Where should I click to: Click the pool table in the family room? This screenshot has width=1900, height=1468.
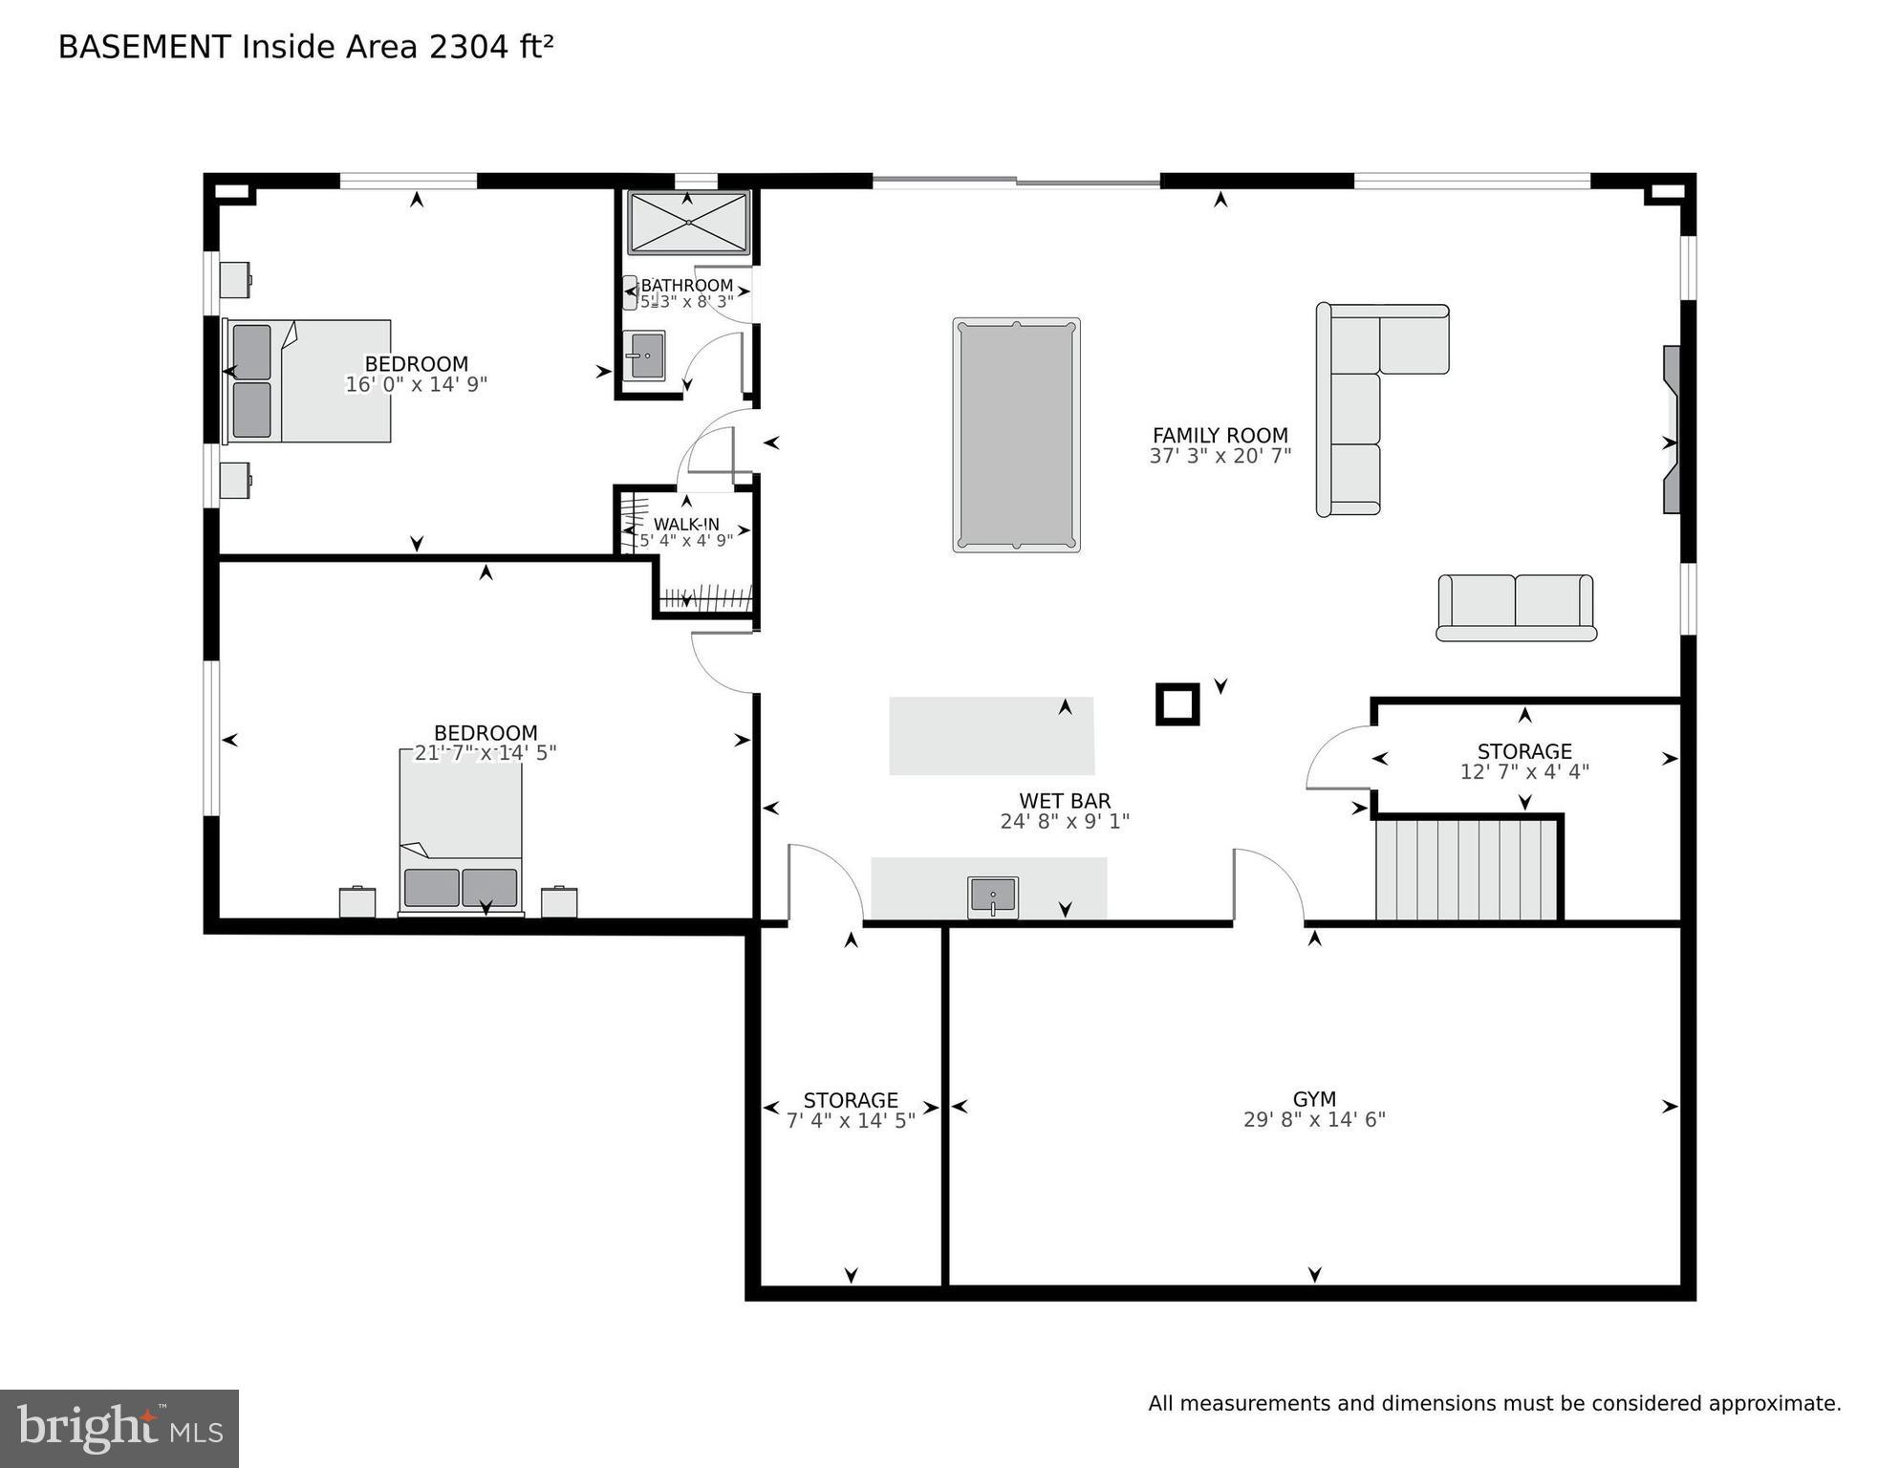(1016, 435)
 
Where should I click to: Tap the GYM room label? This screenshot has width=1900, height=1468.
(1314, 1099)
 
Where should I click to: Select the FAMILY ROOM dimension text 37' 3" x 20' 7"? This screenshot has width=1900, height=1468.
(1220, 457)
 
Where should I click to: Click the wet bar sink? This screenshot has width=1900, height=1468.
(993, 896)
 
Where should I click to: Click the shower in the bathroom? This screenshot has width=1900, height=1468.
(688, 222)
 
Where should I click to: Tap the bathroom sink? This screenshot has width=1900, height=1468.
(644, 356)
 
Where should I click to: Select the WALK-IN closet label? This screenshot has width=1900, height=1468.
(686, 525)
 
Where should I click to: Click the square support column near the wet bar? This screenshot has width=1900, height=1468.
(1177, 704)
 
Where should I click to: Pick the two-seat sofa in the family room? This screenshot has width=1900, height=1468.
(1516, 607)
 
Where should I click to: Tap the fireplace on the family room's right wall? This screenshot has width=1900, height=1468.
(1671, 430)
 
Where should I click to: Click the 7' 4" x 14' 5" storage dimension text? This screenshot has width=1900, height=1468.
(851, 1120)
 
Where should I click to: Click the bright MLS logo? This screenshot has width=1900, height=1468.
(119, 1428)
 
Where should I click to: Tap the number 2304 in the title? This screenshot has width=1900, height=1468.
(470, 47)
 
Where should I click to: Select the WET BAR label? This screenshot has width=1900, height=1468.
(1065, 801)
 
